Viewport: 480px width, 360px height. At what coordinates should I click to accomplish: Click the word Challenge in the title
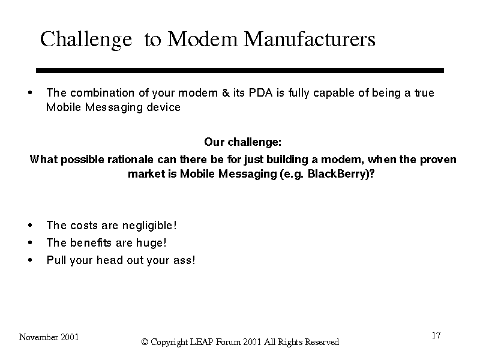click(86, 40)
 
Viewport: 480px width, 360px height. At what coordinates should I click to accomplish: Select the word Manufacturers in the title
click(309, 39)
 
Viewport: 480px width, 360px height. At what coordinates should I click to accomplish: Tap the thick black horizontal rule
click(239, 70)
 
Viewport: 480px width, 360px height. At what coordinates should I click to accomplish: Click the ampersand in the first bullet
click(226, 93)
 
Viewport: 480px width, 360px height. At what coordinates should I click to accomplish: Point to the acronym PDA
click(260, 93)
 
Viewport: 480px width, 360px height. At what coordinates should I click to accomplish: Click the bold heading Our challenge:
click(243, 142)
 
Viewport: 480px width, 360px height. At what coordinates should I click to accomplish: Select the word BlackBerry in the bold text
click(337, 173)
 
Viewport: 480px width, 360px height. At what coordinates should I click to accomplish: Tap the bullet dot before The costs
click(29, 226)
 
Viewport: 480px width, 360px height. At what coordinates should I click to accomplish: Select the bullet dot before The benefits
click(29, 243)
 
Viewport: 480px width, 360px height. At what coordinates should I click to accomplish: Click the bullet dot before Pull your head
click(29, 260)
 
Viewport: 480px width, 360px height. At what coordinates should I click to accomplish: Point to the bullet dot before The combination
click(29, 93)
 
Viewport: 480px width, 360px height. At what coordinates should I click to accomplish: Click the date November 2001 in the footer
click(49, 337)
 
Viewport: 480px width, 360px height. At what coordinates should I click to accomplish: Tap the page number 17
click(436, 335)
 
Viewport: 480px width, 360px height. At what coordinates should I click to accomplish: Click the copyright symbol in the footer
click(145, 342)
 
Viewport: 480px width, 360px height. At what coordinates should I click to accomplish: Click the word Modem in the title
click(202, 39)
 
